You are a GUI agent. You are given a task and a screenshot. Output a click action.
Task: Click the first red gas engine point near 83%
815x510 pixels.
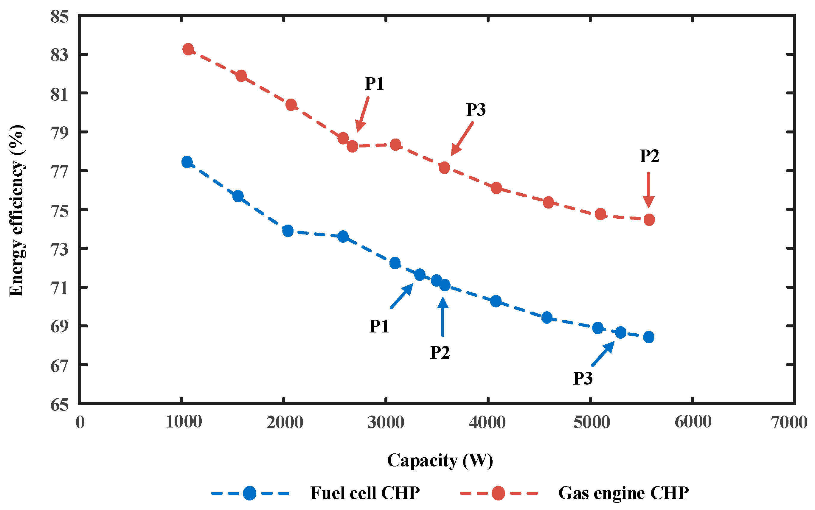click(188, 49)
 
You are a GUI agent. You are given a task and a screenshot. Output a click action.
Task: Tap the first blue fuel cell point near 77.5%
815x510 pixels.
click(187, 162)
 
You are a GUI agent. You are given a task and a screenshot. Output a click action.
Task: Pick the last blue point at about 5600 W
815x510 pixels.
click(649, 337)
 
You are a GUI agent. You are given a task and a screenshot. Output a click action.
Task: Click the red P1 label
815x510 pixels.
click(374, 84)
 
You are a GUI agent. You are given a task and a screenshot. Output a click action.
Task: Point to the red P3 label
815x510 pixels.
click(476, 110)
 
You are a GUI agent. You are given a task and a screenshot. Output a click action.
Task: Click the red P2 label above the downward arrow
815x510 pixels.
click(649, 156)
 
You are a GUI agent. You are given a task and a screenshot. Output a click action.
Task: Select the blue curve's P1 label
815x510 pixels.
click(379, 326)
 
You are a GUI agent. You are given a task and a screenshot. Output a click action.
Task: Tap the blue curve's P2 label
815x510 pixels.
click(440, 353)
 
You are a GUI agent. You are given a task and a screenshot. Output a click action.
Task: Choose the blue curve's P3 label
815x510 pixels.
click(583, 378)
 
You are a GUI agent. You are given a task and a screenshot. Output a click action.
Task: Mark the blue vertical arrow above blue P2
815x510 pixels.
click(443, 317)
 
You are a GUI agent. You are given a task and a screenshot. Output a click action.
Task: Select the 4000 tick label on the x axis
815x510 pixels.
click(487, 422)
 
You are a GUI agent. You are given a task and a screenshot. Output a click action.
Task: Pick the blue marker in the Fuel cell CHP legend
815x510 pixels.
click(250, 493)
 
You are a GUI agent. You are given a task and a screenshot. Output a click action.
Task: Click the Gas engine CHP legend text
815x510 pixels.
click(623, 493)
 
